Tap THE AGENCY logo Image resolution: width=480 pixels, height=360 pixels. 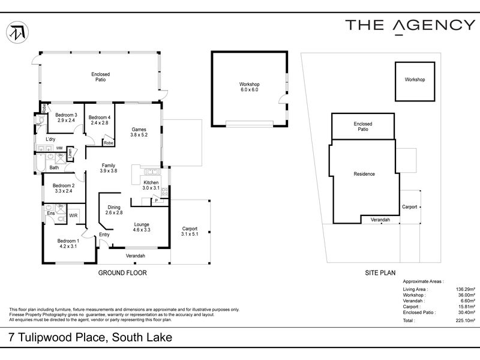410,25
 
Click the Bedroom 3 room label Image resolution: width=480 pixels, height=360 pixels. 67,118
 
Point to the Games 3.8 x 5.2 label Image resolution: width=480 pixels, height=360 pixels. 139,132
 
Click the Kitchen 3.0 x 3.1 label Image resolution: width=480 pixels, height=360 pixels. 151,185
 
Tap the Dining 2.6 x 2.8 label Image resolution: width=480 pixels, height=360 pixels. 114,210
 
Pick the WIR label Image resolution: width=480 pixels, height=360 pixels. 73,215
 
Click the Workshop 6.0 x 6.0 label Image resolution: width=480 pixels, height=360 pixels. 249,87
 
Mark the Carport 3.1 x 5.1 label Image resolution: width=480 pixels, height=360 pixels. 190,232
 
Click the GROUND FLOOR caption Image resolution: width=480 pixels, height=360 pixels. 122,272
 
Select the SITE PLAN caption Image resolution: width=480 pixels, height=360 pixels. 380,272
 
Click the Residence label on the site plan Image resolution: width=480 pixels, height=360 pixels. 364,174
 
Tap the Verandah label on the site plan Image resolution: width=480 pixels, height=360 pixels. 380,220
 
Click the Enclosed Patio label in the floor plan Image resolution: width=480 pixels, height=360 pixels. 101,77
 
